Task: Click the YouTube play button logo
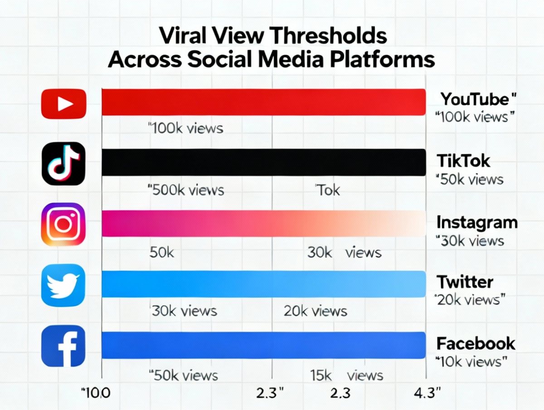click(63, 104)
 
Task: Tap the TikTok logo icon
click(63, 163)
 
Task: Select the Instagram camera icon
click(63, 224)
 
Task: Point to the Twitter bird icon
click(63, 285)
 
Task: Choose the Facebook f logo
click(63, 346)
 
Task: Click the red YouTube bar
click(263, 102)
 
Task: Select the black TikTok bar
click(263, 162)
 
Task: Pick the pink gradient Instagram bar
click(263, 223)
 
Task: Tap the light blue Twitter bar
click(263, 284)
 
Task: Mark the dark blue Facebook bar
click(263, 345)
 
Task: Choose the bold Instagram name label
click(476, 222)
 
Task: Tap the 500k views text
click(186, 190)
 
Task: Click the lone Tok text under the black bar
click(327, 190)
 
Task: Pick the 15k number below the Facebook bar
click(322, 375)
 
